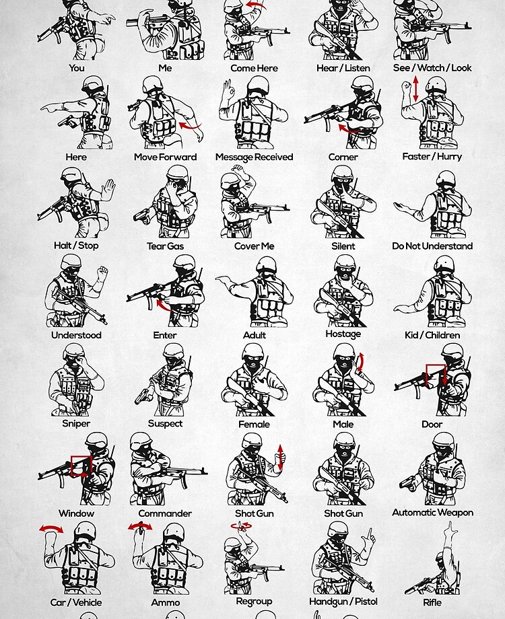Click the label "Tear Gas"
165,246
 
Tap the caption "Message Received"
254,157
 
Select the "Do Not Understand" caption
432,246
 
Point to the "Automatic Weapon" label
432,513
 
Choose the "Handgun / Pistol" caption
343,602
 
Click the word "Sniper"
76,424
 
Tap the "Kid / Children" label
432,335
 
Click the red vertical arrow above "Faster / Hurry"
415,88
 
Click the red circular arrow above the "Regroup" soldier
242,525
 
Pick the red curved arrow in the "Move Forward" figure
190,126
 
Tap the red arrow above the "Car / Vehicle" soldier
51,529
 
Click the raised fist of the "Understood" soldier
103,270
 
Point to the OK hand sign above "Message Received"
228,89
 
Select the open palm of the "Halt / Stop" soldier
108,188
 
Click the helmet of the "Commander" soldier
141,440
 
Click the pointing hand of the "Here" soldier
51,107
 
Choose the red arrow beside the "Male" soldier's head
360,363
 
